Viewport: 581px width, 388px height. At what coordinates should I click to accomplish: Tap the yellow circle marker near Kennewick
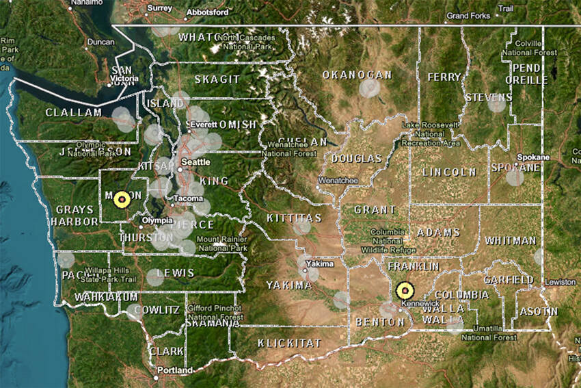click(x=405, y=291)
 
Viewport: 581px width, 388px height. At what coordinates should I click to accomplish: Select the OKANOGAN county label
click(x=357, y=75)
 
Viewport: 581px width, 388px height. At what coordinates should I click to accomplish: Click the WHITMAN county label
click(x=510, y=241)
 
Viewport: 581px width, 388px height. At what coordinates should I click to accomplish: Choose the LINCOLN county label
click(x=448, y=172)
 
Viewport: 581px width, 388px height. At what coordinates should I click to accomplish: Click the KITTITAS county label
click(x=295, y=218)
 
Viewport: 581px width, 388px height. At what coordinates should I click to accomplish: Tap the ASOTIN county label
click(x=538, y=311)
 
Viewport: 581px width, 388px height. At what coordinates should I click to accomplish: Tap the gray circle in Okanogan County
click(x=369, y=88)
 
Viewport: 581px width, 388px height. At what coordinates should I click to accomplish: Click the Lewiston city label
click(x=562, y=282)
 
